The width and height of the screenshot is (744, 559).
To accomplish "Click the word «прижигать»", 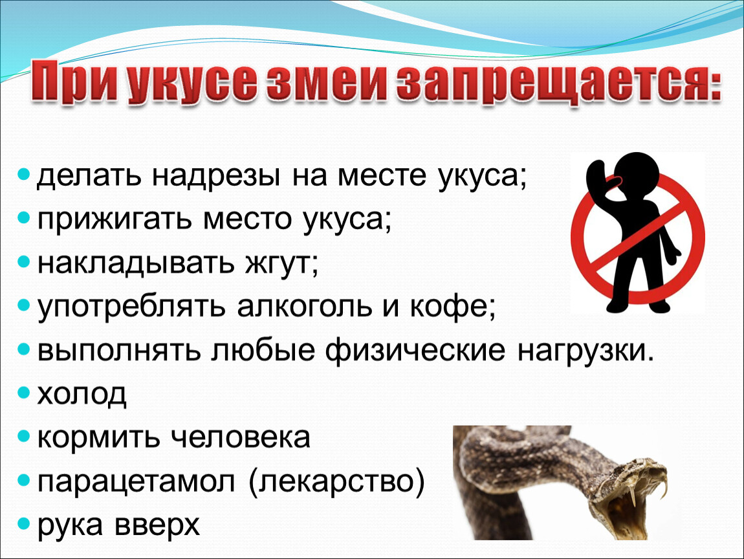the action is pos(116,220).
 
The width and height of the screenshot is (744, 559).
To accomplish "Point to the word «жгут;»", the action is pos(282,263).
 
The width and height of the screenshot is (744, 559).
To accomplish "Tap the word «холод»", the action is pos(82,394).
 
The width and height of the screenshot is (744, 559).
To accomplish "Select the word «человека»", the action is pos(240,437).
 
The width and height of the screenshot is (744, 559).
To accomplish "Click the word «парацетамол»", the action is pos(136,482).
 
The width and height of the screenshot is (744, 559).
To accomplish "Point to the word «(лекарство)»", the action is pos(336,482).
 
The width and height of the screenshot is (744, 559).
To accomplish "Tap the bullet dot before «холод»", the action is pos(23,393).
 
